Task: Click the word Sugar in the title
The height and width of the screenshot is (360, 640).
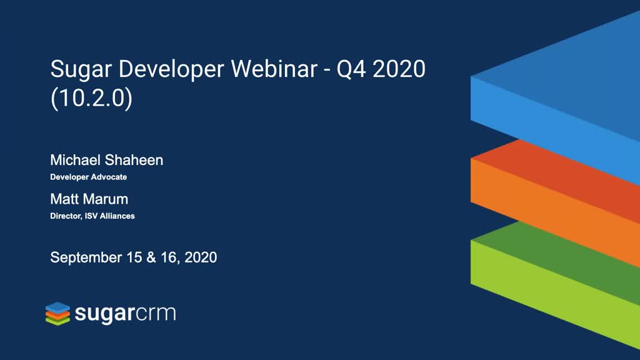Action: tap(81, 69)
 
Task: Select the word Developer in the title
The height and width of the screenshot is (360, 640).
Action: tap(171, 69)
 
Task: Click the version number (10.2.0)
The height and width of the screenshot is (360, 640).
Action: tap(91, 98)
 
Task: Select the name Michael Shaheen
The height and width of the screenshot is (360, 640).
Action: tap(106, 160)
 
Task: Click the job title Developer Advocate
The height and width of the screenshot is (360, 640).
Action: tap(89, 177)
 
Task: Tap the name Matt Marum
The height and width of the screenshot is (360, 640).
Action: tap(89, 199)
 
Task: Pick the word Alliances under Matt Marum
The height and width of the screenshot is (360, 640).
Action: tap(117, 216)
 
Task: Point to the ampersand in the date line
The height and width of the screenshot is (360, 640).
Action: tap(151, 257)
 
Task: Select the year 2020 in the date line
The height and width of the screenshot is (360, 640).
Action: tap(201, 257)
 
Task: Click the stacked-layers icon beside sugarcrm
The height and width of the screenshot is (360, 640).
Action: tap(57, 314)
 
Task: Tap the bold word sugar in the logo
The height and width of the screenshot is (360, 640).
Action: tap(104, 314)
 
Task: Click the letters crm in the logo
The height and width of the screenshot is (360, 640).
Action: tap(156, 314)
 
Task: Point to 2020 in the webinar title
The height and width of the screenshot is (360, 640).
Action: tap(399, 69)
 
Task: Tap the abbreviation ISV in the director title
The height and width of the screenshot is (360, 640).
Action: tap(91, 216)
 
